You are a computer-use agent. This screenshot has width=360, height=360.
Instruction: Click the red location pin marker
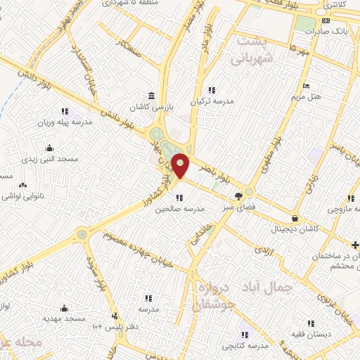click(181, 165)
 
